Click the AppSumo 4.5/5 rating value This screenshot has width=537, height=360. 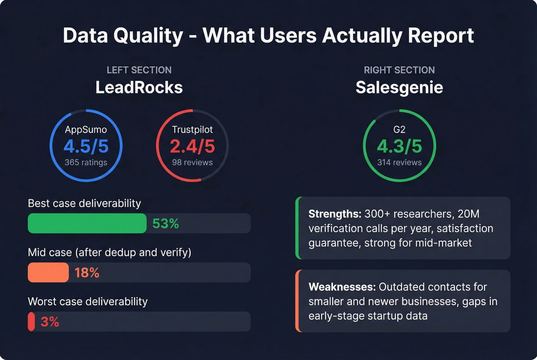86,146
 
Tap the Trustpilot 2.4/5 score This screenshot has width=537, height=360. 192,146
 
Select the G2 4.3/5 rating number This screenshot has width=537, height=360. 399,146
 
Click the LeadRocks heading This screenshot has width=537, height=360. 139,87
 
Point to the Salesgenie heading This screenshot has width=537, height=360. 399,87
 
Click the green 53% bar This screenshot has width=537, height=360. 87,224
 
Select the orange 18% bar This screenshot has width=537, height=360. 48,273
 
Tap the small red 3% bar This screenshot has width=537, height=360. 31,322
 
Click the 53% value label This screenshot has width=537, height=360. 166,224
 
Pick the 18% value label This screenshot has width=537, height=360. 87,273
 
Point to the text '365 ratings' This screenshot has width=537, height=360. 86,162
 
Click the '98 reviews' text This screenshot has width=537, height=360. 192,162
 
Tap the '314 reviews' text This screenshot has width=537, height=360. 399,162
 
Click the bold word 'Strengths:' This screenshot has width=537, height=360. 334,214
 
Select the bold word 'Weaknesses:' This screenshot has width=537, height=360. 342,287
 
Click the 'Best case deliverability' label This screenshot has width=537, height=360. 84,203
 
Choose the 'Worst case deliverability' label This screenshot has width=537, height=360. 87,301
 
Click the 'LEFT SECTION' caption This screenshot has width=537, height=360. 139,70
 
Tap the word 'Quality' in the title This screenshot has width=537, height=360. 148,36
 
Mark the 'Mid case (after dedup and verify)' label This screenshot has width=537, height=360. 109,252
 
